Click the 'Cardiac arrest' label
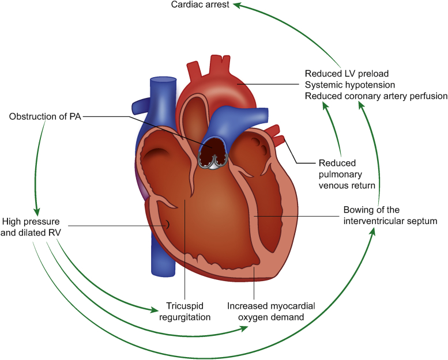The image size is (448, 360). [x=201, y=5]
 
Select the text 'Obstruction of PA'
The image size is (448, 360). [x=45, y=116]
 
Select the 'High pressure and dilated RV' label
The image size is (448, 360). [x=32, y=226]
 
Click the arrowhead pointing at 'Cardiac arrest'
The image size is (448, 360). [x=237, y=6]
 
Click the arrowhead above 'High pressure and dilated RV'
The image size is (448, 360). [x=36, y=211]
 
